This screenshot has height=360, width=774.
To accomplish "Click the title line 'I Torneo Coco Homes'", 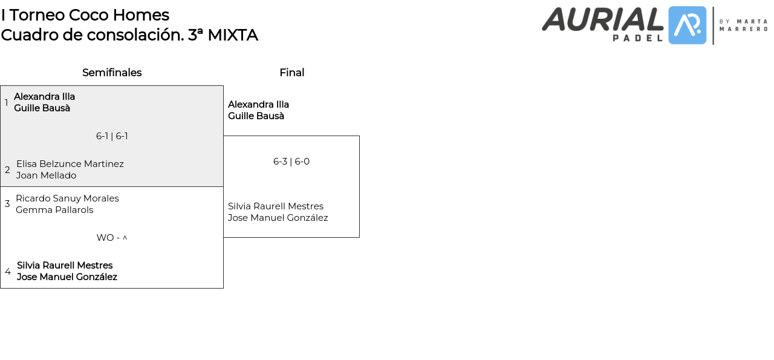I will (x=85, y=15).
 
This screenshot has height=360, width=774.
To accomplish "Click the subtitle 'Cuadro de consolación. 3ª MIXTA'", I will (x=129, y=35).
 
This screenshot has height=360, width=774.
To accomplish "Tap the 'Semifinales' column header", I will (x=112, y=73).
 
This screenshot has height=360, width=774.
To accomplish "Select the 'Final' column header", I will (x=291, y=73).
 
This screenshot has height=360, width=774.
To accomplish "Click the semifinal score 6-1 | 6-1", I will (x=112, y=136).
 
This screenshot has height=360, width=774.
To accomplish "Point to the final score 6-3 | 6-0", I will (x=291, y=162).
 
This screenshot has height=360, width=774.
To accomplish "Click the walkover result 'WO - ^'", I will (x=112, y=238).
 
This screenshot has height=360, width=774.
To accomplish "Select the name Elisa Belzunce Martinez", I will (x=70, y=164).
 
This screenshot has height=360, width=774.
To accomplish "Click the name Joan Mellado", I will (x=47, y=175).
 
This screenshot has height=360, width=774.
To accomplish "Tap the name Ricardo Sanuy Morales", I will (x=67, y=198).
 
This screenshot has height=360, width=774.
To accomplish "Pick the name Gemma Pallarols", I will (x=54, y=210).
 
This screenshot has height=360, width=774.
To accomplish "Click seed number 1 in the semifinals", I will (x=7, y=103).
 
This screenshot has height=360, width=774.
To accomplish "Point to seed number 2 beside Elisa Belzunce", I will (x=7, y=170).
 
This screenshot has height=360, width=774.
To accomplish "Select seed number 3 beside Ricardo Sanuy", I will (x=7, y=204).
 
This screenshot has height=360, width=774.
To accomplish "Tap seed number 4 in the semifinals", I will (x=8, y=272).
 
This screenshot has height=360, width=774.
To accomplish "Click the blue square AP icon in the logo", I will (x=688, y=25).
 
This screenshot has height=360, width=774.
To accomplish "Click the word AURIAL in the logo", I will (x=602, y=19).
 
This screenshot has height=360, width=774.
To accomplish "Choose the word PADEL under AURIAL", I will (x=637, y=38).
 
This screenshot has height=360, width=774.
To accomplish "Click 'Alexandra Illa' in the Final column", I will (x=258, y=105).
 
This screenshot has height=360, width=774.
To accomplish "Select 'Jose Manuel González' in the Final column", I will (x=278, y=218).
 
